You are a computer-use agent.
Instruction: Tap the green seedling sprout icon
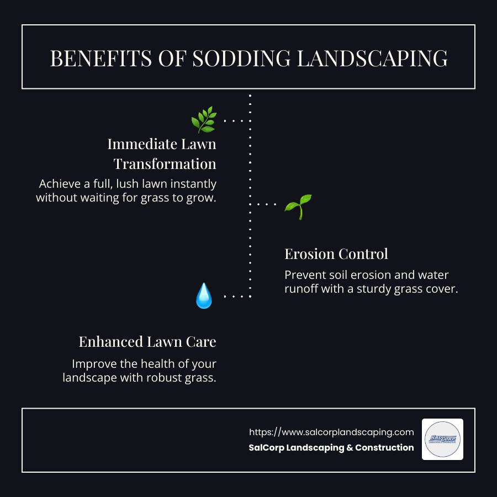coord(298,207)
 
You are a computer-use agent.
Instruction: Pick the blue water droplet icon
coord(204,296)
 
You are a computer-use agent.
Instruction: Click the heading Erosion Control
coord(336,254)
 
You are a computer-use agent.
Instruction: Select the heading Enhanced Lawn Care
coord(147,342)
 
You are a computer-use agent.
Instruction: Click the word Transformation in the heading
coord(165,164)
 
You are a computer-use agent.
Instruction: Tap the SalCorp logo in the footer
coord(442,440)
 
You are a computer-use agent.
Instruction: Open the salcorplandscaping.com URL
coord(331,432)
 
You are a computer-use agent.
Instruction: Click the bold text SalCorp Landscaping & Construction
coord(331,448)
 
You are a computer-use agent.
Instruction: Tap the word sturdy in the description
coord(368,289)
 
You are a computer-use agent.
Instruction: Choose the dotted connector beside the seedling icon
coord(267,204)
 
